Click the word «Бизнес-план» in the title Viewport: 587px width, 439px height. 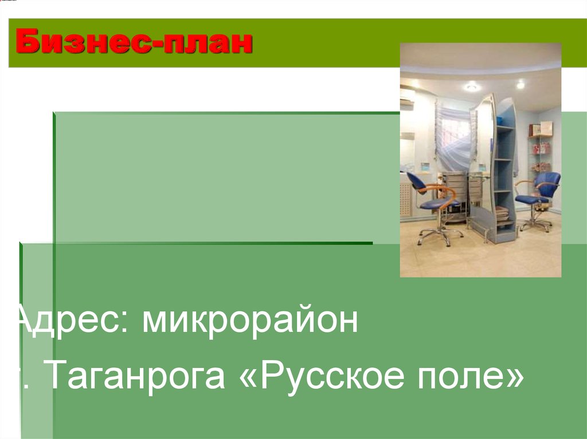[134, 43]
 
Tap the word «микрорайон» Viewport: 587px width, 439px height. [251, 322]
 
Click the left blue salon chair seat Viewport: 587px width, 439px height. [439, 203]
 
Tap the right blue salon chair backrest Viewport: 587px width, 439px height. [547, 183]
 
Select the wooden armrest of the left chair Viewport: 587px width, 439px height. [439, 190]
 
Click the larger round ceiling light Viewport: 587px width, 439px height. [472, 87]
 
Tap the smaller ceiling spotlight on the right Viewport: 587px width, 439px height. [521, 85]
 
